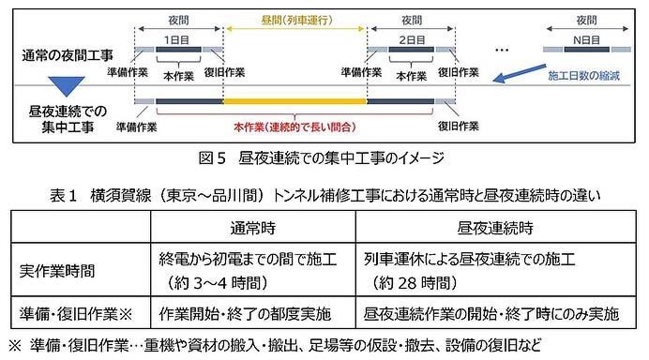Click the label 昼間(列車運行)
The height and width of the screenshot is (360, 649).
[x=294, y=18]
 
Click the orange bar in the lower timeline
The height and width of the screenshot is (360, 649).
[x=294, y=101]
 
